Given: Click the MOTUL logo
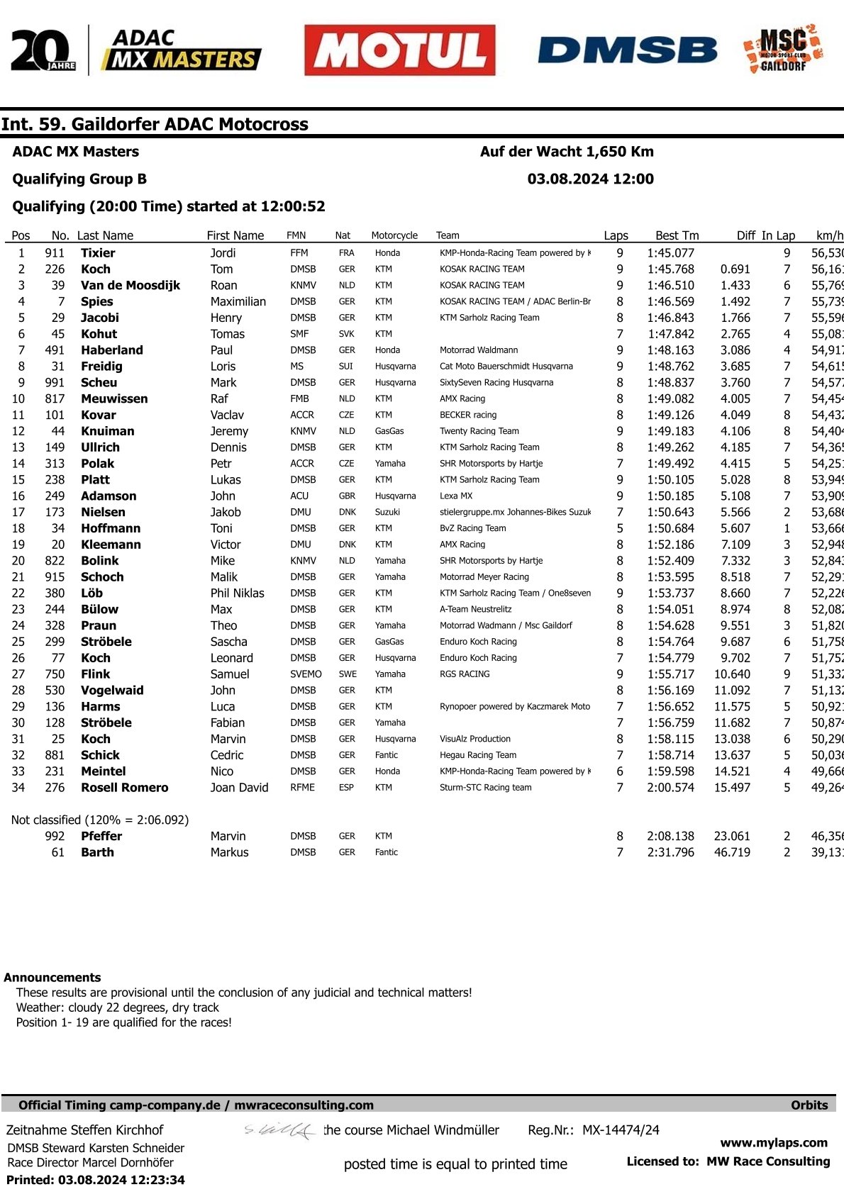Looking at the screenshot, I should pos(400,50).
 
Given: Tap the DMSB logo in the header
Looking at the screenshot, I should pos(627,50).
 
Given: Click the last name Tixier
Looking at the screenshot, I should pos(98,253).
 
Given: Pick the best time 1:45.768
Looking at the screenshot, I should pos(670,269).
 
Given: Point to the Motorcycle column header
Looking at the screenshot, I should pos(394,235).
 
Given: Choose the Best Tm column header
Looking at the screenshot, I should pos(677,235).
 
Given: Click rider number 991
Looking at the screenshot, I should pos(55,383).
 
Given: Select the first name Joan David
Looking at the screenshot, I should pos(239,788).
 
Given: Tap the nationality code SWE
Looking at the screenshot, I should pos(347,674).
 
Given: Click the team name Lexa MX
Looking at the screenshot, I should pos(456,496).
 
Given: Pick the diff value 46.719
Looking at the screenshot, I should pos(732,852).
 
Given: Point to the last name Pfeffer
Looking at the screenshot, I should pos(101,837).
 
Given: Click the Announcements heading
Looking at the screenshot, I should pos(52,977).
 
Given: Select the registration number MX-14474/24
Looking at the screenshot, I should pos(621,1130).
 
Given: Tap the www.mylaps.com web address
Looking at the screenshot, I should pos(774,1143).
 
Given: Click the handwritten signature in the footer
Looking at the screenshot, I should pos(280,1130).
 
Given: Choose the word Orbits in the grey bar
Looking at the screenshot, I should pos(809,1105).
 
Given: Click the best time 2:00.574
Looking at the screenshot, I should pos(670,788).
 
